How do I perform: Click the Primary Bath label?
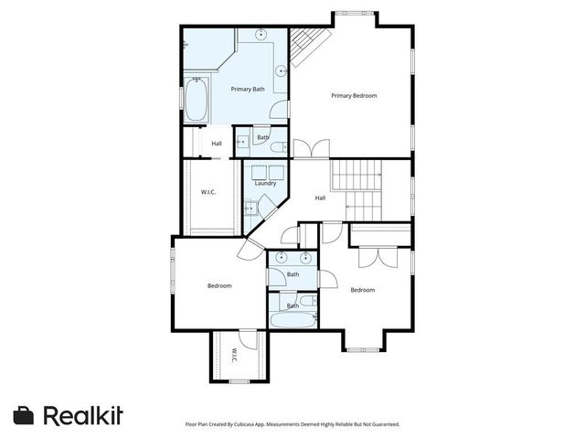pyautogui.click(x=247, y=89)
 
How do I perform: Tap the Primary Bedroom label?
pyautogui.click(x=354, y=95)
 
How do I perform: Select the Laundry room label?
pyautogui.click(x=265, y=183)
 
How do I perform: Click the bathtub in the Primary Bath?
pyautogui.click(x=197, y=101)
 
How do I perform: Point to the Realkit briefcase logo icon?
pyautogui.click(x=25, y=414)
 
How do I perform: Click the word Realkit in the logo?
pyautogui.click(x=83, y=414)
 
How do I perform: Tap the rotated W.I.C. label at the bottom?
pyautogui.click(x=234, y=355)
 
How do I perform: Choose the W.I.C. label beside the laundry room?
pyautogui.click(x=207, y=191)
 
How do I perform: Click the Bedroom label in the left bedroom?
pyautogui.click(x=219, y=285)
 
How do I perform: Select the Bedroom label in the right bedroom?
pyautogui.click(x=363, y=290)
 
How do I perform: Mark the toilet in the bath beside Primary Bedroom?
pyautogui.click(x=284, y=145)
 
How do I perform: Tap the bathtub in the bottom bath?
pyautogui.click(x=292, y=321)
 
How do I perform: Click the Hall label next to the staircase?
pyautogui.click(x=320, y=198)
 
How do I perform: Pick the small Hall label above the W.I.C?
pyautogui.click(x=217, y=144)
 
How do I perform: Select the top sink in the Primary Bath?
pyautogui.click(x=262, y=36)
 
